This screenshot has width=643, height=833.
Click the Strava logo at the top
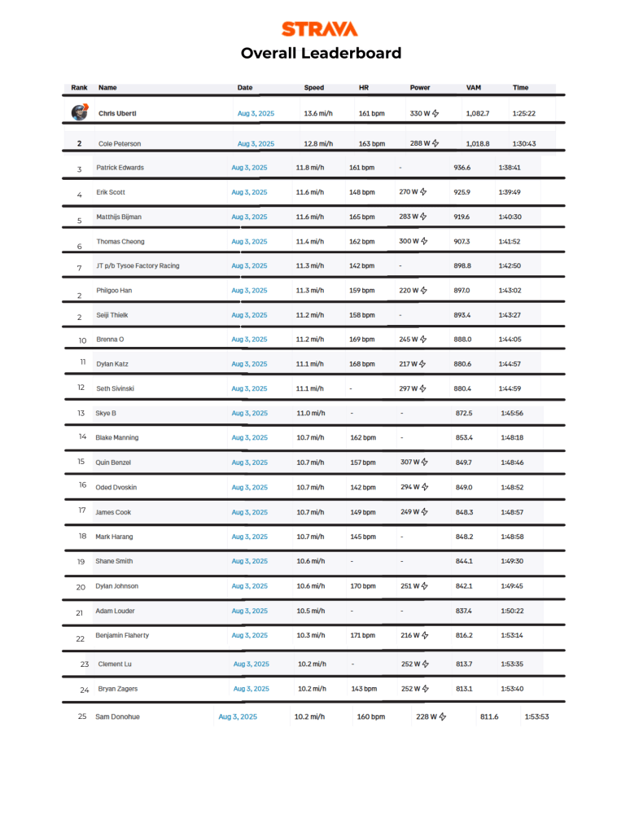click(x=321, y=29)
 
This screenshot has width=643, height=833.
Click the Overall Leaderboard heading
click(x=321, y=54)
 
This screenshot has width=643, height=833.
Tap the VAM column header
click(x=473, y=87)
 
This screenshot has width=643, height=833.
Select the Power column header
click(x=420, y=87)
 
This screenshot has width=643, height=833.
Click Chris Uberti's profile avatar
click(x=79, y=113)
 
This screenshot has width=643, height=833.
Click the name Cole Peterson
click(x=120, y=143)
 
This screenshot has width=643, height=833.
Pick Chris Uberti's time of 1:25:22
click(x=523, y=113)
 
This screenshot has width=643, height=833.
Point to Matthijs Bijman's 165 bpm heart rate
click(x=362, y=217)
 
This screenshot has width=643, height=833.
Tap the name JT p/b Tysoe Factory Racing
click(x=138, y=265)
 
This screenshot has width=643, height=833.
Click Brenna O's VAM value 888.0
click(x=463, y=340)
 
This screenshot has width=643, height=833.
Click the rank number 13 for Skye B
click(x=81, y=414)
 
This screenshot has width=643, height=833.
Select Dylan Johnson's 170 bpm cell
click(x=362, y=585)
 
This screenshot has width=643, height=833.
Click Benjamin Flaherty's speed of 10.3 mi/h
click(x=310, y=635)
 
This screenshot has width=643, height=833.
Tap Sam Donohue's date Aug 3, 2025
click(x=238, y=717)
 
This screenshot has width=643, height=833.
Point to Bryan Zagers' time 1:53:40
click(x=512, y=689)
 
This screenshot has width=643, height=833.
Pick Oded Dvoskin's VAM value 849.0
click(x=464, y=487)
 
